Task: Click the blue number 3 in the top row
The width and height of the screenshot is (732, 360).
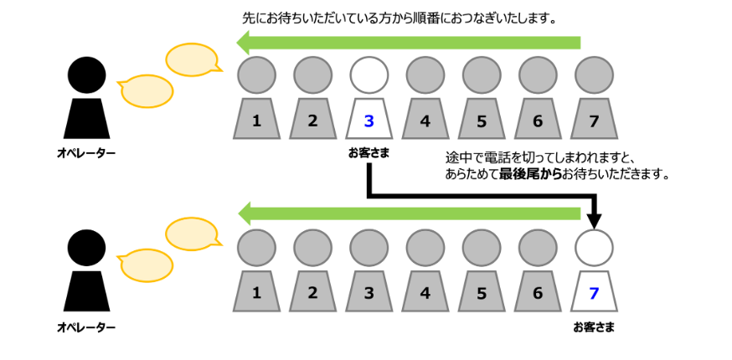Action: pyautogui.click(x=369, y=121)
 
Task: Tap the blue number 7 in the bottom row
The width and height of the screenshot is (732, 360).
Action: pyautogui.click(x=594, y=293)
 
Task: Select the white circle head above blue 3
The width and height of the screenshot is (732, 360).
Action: pyautogui.click(x=369, y=75)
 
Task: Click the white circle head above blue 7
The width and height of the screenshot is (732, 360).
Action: pyautogui.click(x=594, y=248)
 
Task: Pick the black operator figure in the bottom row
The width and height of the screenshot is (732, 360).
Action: pyautogui.click(x=86, y=270)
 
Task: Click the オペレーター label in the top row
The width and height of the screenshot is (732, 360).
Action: pyautogui.click(x=86, y=153)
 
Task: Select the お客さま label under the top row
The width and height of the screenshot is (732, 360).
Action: pyautogui.click(x=369, y=153)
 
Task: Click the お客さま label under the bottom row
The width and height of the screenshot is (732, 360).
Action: pyautogui.click(x=594, y=327)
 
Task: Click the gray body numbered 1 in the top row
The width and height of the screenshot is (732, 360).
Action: pyautogui.click(x=255, y=120)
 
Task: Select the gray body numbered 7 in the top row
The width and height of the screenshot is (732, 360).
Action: pyautogui.click(x=594, y=120)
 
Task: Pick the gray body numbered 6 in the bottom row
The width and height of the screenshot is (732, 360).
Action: pyautogui.click(x=538, y=293)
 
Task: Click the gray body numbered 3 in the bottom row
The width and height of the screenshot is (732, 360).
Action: pyautogui.click(x=369, y=293)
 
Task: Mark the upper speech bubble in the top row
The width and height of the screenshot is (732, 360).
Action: pyautogui.click(x=192, y=59)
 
